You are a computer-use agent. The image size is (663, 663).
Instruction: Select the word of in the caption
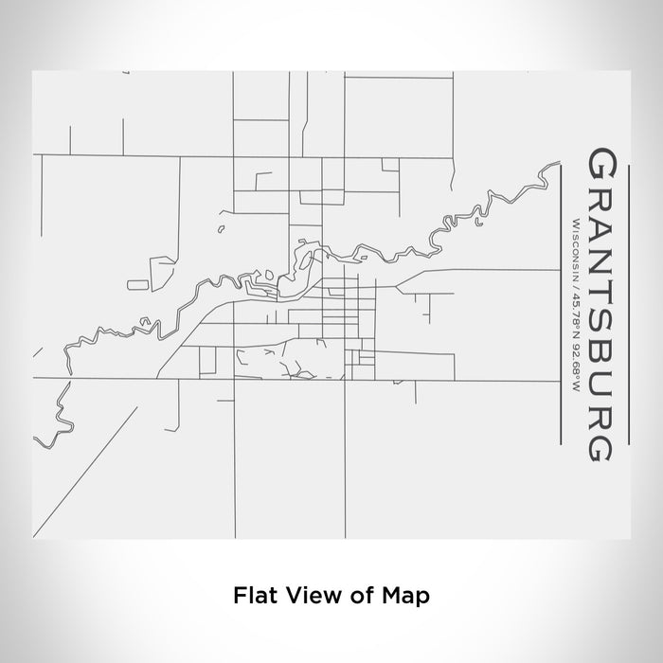pyautogui.click(x=353, y=597)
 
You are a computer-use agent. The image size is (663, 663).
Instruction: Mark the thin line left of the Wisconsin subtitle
pyautogui.click(x=564, y=303)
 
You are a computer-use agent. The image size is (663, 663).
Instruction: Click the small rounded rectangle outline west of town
pyautogui.click(x=137, y=283)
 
